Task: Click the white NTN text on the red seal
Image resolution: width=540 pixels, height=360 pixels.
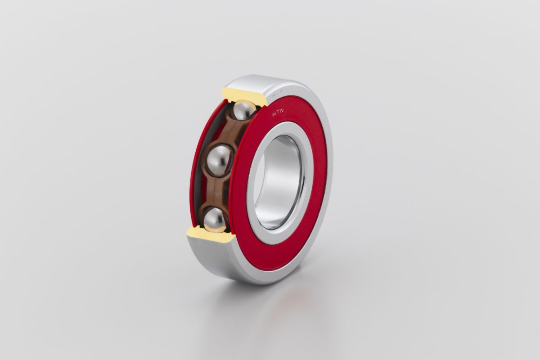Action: coord(278,112)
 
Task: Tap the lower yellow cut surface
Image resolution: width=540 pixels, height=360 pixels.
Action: coord(209,236)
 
